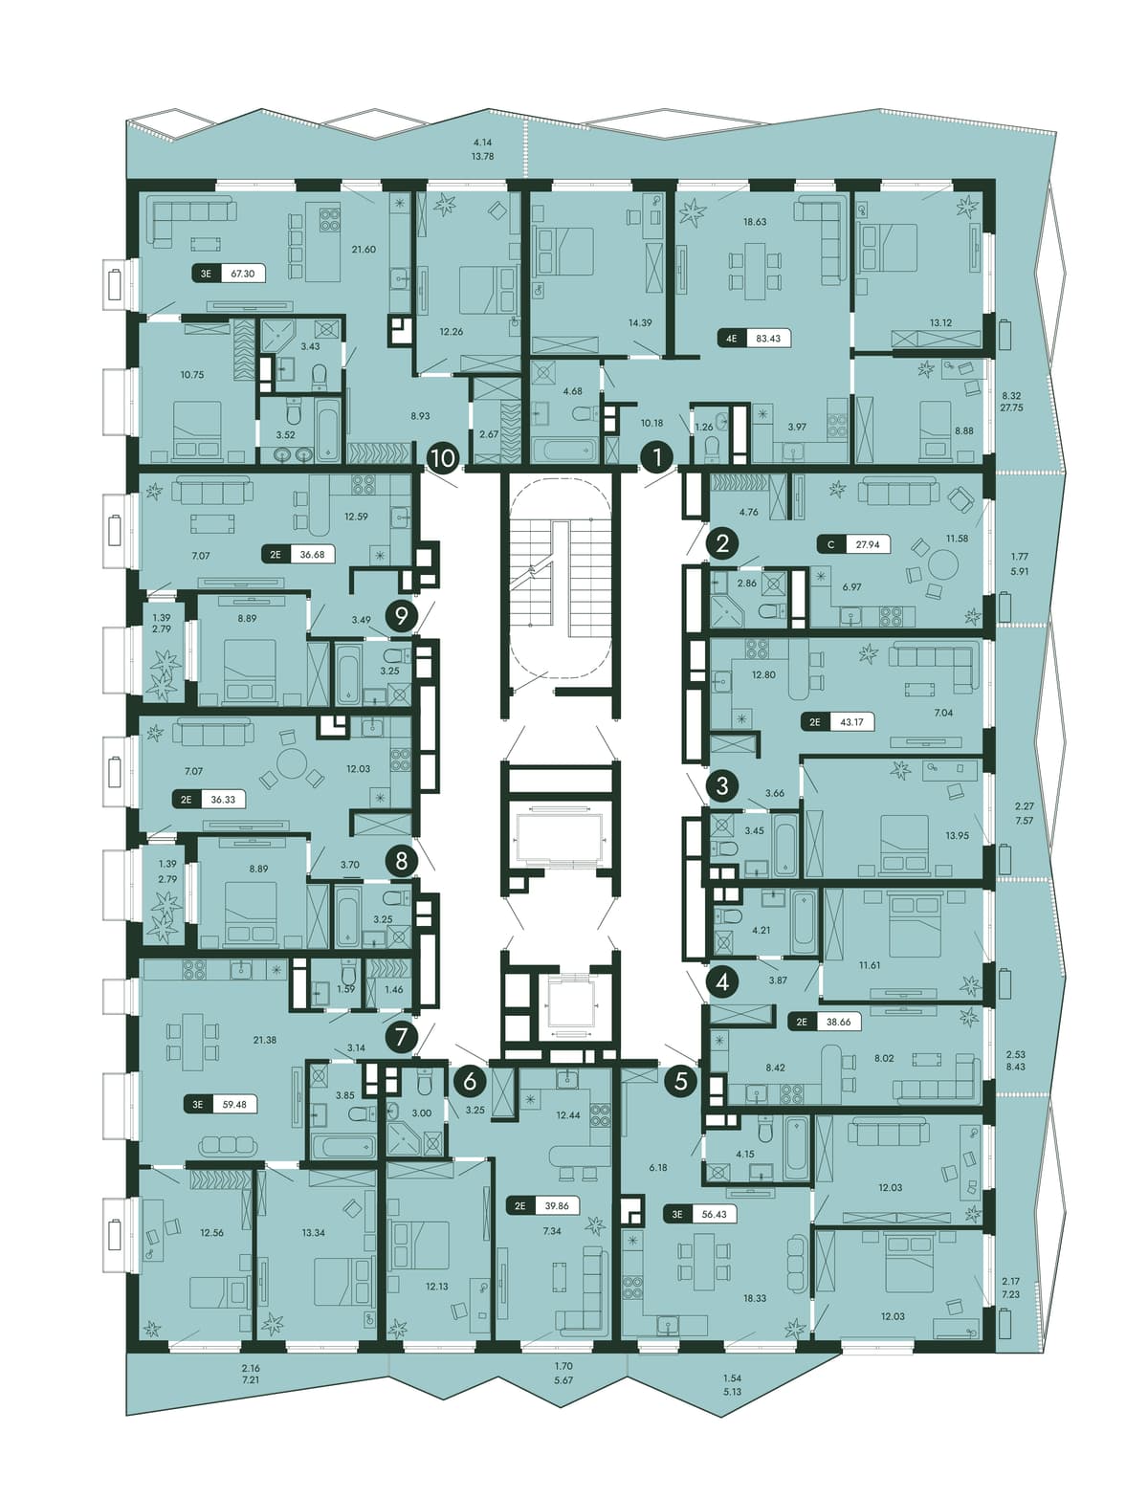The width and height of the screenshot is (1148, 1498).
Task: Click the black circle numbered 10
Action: [x=444, y=458]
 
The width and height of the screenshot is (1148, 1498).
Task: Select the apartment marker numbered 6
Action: [x=470, y=1081]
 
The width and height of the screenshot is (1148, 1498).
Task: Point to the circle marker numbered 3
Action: [x=722, y=784]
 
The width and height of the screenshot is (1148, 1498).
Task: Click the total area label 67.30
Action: [x=243, y=274]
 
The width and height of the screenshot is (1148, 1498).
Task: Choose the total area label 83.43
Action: [x=768, y=340]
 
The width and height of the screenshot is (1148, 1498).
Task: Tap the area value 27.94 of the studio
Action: [x=868, y=544]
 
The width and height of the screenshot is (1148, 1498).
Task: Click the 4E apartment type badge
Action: [x=732, y=340]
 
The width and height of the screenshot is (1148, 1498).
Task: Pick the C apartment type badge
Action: [x=830, y=544]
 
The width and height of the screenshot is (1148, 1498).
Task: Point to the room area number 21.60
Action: [x=364, y=250]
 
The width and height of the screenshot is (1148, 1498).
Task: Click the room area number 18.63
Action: [x=755, y=222]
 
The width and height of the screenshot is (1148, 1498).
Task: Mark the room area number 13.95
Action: [x=957, y=835]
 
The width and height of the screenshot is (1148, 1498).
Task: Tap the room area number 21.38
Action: [x=265, y=1040]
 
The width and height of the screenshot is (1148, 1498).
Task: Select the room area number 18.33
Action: [x=755, y=1298]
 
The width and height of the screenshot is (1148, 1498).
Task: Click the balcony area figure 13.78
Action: [x=483, y=157]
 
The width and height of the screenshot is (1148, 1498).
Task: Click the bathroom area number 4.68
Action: [x=572, y=391]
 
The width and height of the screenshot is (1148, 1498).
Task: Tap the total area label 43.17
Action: [x=851, y=722]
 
